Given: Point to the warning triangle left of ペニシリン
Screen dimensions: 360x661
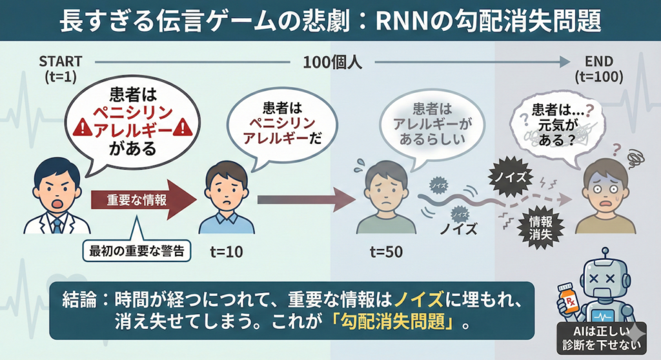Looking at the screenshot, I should pyautogui.click(x=81, y=128).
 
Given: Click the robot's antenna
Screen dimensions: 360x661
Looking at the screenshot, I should pyautogui.click(x=605, y=254).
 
